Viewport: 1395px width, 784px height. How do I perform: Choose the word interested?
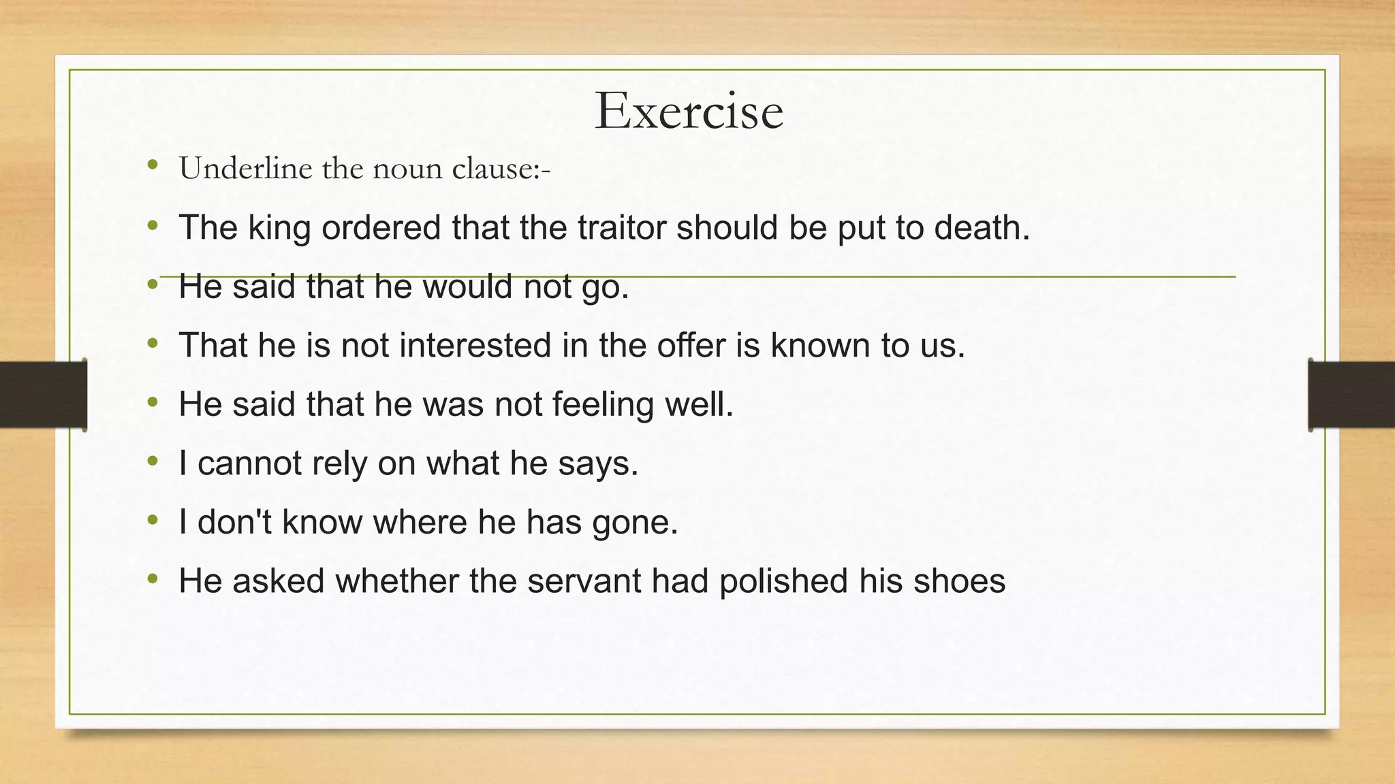point(475,345)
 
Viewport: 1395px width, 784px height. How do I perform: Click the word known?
point(820,345)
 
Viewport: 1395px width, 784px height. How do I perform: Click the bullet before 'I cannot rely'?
point(153,462)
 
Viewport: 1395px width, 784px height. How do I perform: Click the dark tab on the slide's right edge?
point(1351,395)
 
